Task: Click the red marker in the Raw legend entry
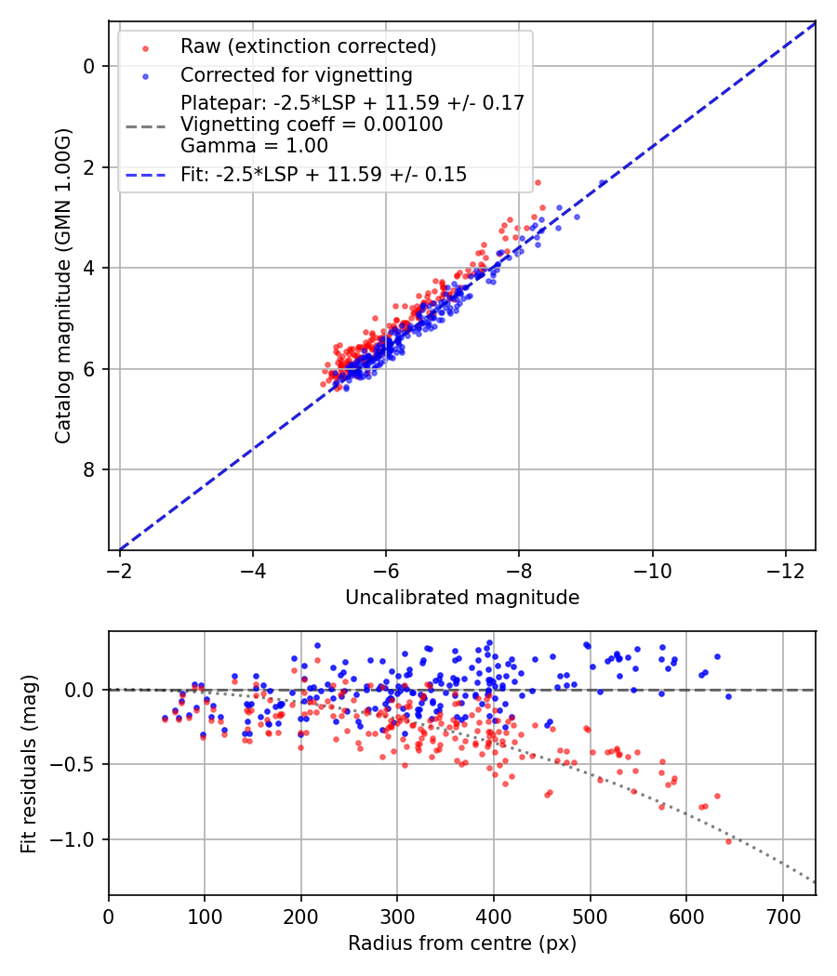point(145,46)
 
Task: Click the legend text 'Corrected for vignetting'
point(296,74)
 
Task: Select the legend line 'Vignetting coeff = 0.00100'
point(312,124)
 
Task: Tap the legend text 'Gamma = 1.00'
point(254,145)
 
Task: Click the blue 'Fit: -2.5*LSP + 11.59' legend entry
point(324,174)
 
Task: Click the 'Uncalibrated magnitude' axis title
point(462,598)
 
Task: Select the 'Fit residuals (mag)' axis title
point(29,763)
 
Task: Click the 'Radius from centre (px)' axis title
point(462,943)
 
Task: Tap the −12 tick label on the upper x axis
point(786,568)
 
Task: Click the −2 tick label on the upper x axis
point(119,568)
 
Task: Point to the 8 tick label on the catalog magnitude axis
point(88,469)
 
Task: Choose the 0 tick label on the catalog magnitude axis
point(88,66)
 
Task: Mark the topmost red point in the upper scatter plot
point(538,182)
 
